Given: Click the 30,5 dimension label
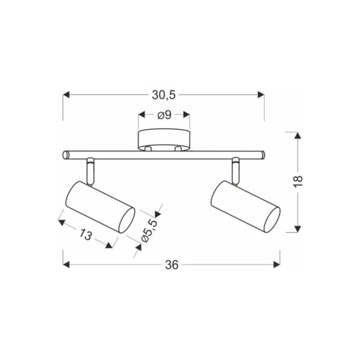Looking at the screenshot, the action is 163,95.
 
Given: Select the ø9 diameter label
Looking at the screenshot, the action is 165,115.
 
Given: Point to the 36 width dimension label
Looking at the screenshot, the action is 171,265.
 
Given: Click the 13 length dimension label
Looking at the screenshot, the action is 86,235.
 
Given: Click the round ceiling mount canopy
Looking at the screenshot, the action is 164,140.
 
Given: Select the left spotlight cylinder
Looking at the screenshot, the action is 100,207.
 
